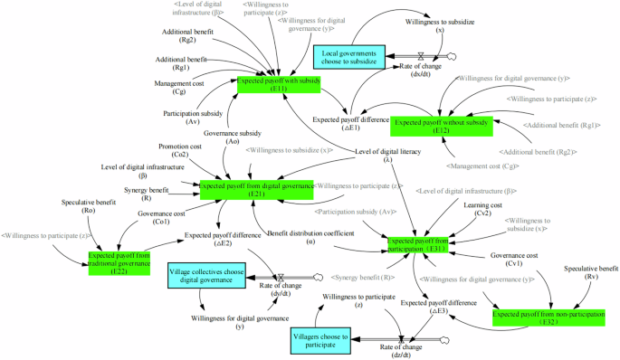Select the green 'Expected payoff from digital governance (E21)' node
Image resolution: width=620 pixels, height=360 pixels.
click(x=257, y=189)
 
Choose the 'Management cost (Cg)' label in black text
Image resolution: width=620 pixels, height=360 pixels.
click(x=182, y=88)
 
